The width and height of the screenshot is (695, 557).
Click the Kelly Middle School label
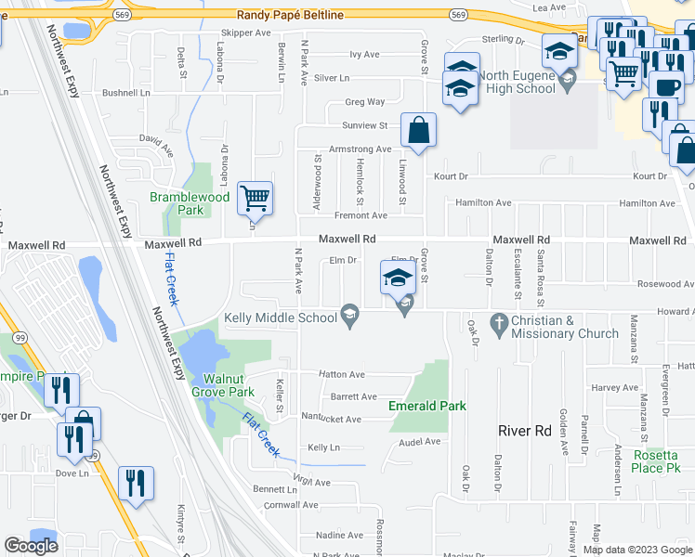point(280,318)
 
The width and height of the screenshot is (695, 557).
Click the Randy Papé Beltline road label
point(290,15)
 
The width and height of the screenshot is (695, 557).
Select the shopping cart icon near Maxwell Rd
point(255,198)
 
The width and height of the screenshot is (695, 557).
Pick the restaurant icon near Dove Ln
point(136,483)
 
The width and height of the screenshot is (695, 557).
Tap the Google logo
point(31,546)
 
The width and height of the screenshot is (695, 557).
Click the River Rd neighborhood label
point(524,431)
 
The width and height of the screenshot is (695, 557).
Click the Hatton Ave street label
point(341,374)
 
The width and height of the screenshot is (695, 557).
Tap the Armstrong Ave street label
point(360,149)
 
